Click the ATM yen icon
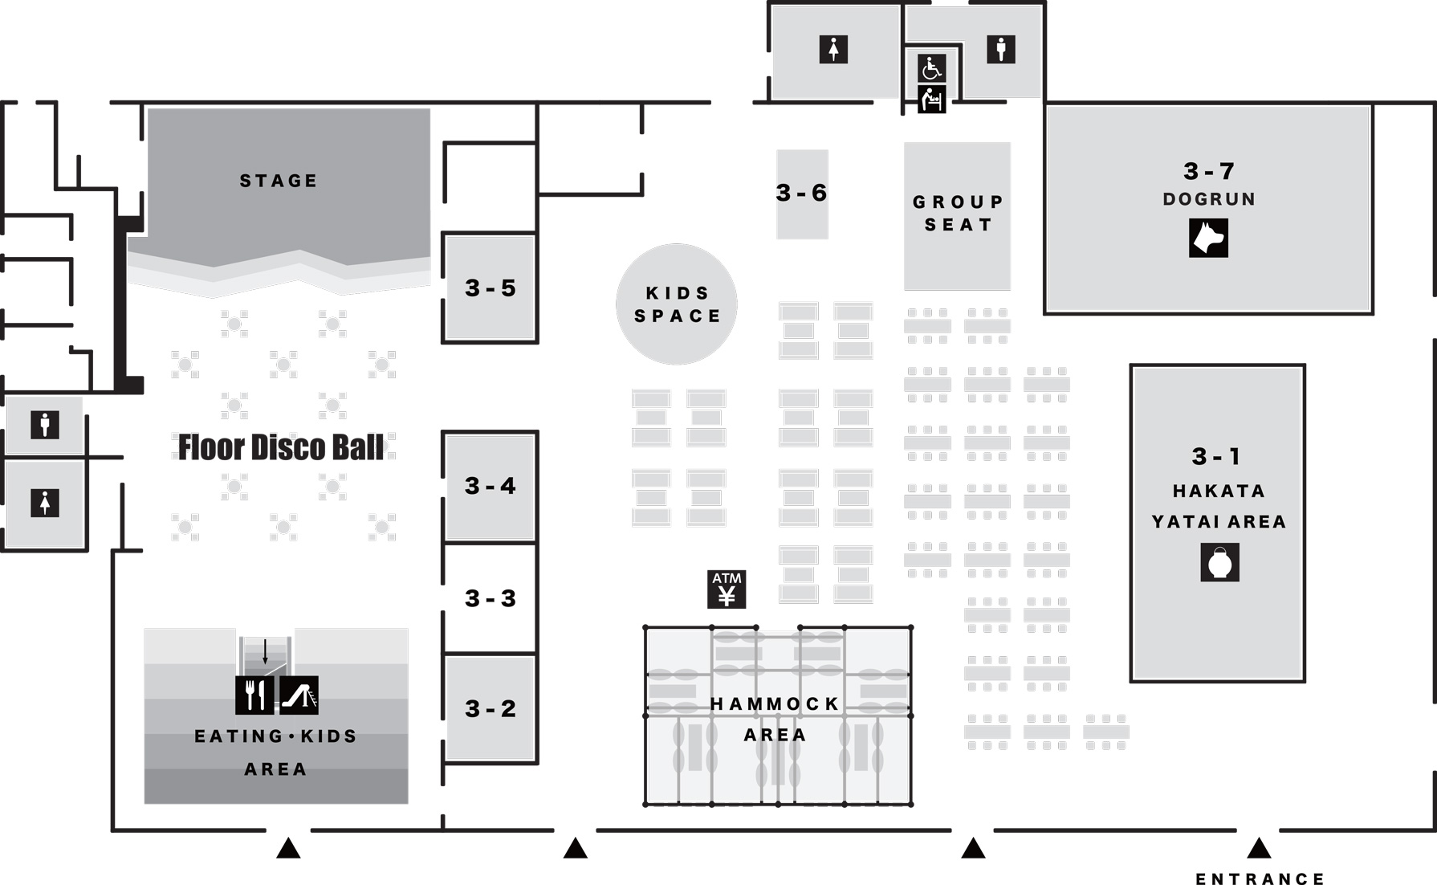[727, 589]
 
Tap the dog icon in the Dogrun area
[1208, 238]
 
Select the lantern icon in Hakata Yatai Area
[1219, 562]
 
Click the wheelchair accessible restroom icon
[931, 68]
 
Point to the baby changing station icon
[931, 100]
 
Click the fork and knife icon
[254, 695]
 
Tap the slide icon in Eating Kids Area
[299, 695]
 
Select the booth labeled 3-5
[490, 288]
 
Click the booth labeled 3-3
[490, 598]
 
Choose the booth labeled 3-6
[801, 194]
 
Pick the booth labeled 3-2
[490, 708]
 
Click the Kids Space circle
[677, 304]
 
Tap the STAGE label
[279, 181]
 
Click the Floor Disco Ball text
[280, 447]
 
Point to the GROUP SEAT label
[957, 214]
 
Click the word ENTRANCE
[1260, 879]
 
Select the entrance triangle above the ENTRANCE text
[1258, 848]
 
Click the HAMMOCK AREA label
[775, 719]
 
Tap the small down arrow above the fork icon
[265, 651]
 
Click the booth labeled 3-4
[490, 486]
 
